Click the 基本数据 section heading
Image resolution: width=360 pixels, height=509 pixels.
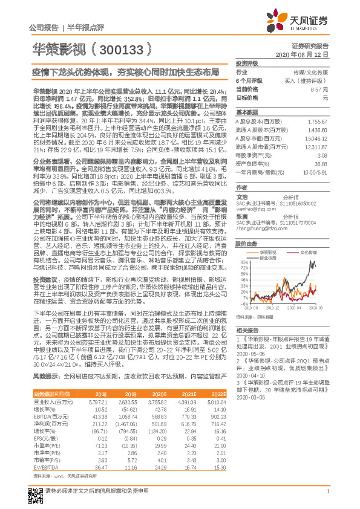[x=246, y=112]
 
